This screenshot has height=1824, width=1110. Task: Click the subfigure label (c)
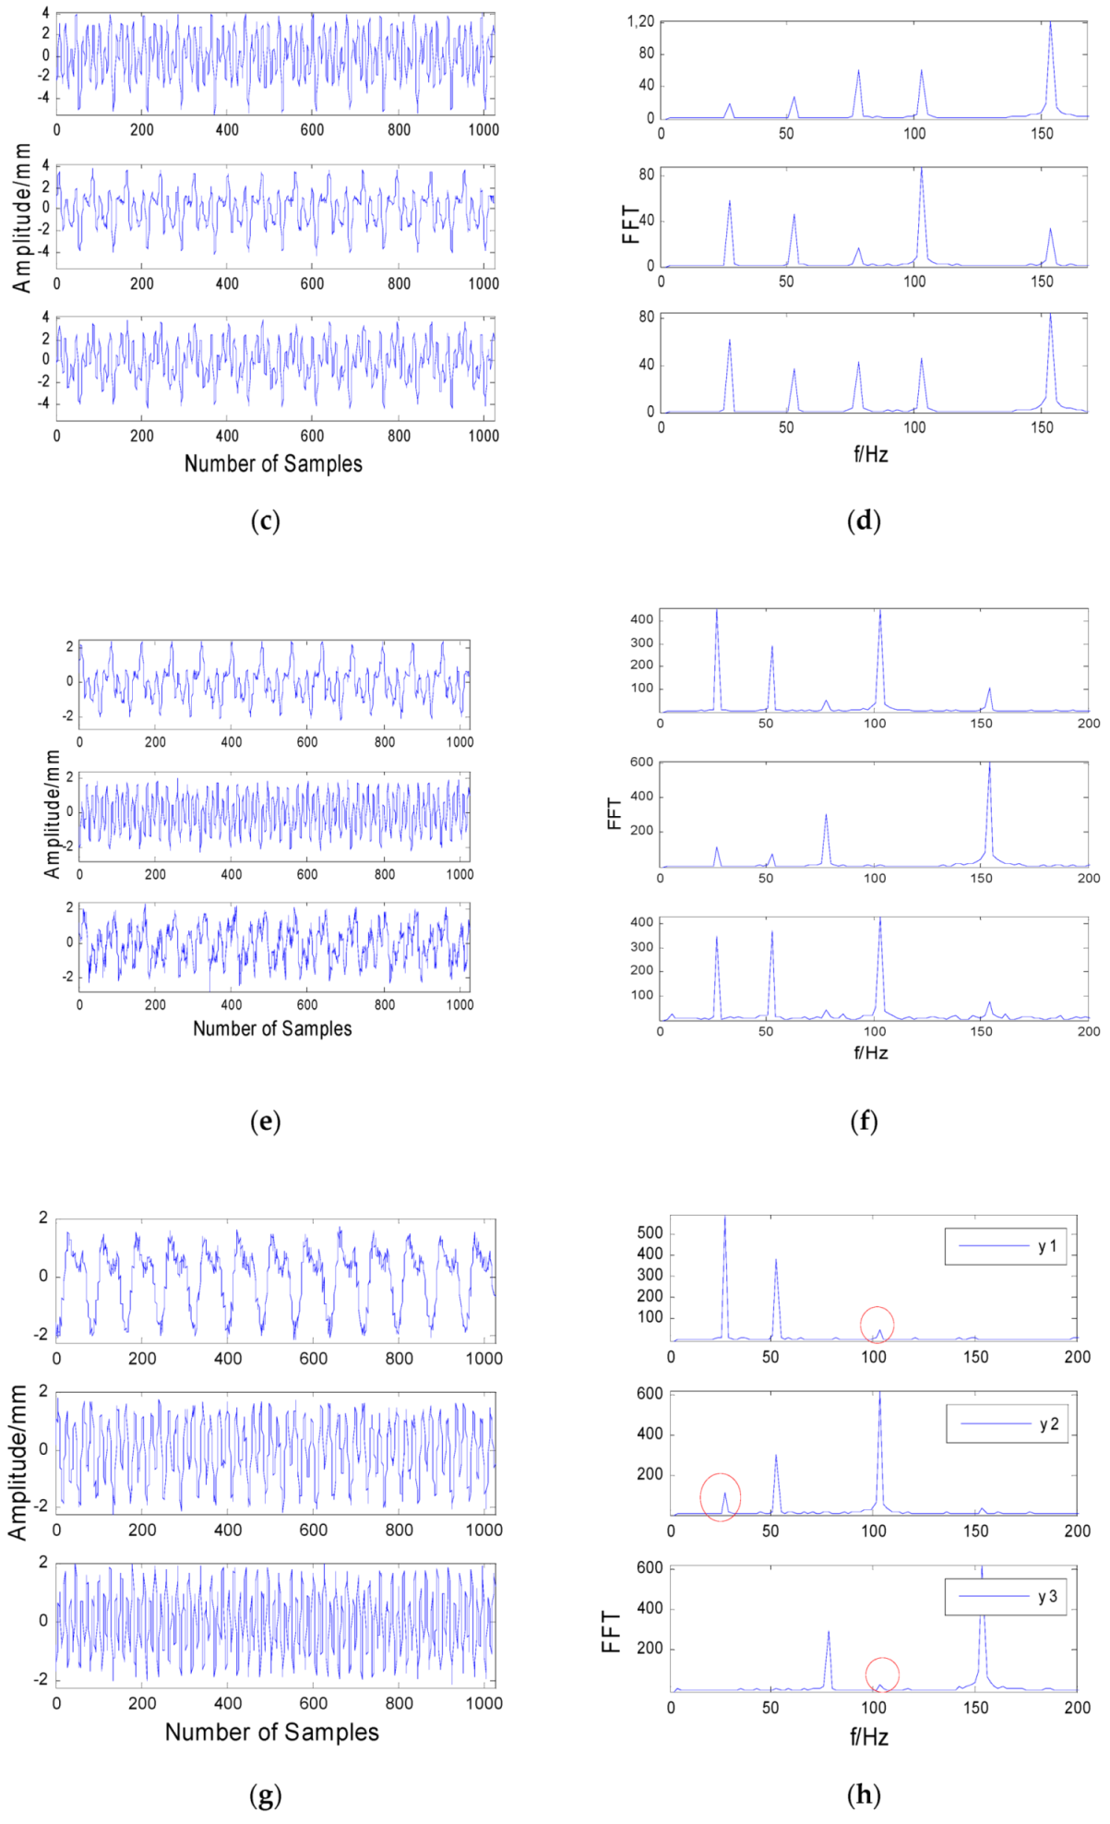point(265,522)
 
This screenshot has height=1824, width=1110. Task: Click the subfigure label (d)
point(864,522)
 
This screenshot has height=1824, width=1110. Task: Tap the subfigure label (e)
point(265,1122)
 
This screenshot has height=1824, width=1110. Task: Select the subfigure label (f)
point(864,1122)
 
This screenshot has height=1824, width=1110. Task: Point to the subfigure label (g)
point(265,1795)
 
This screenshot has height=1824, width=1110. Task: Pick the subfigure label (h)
point(864,1795)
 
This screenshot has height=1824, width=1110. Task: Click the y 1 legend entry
point(1006,1246)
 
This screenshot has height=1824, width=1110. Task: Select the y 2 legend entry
point(1007,1424)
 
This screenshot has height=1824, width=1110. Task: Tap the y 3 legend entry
point(1006,1596)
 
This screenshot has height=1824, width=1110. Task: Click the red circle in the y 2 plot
point(721,1497)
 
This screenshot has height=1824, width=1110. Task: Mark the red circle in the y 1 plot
point(877,1325)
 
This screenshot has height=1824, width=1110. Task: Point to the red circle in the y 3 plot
point(882,1674)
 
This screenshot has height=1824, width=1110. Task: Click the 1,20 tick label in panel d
point(639,22)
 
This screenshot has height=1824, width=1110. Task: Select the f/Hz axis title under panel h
point(869,1736)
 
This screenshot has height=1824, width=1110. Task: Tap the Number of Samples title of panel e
point(272,1028)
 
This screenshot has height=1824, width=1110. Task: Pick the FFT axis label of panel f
point(615,814)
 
